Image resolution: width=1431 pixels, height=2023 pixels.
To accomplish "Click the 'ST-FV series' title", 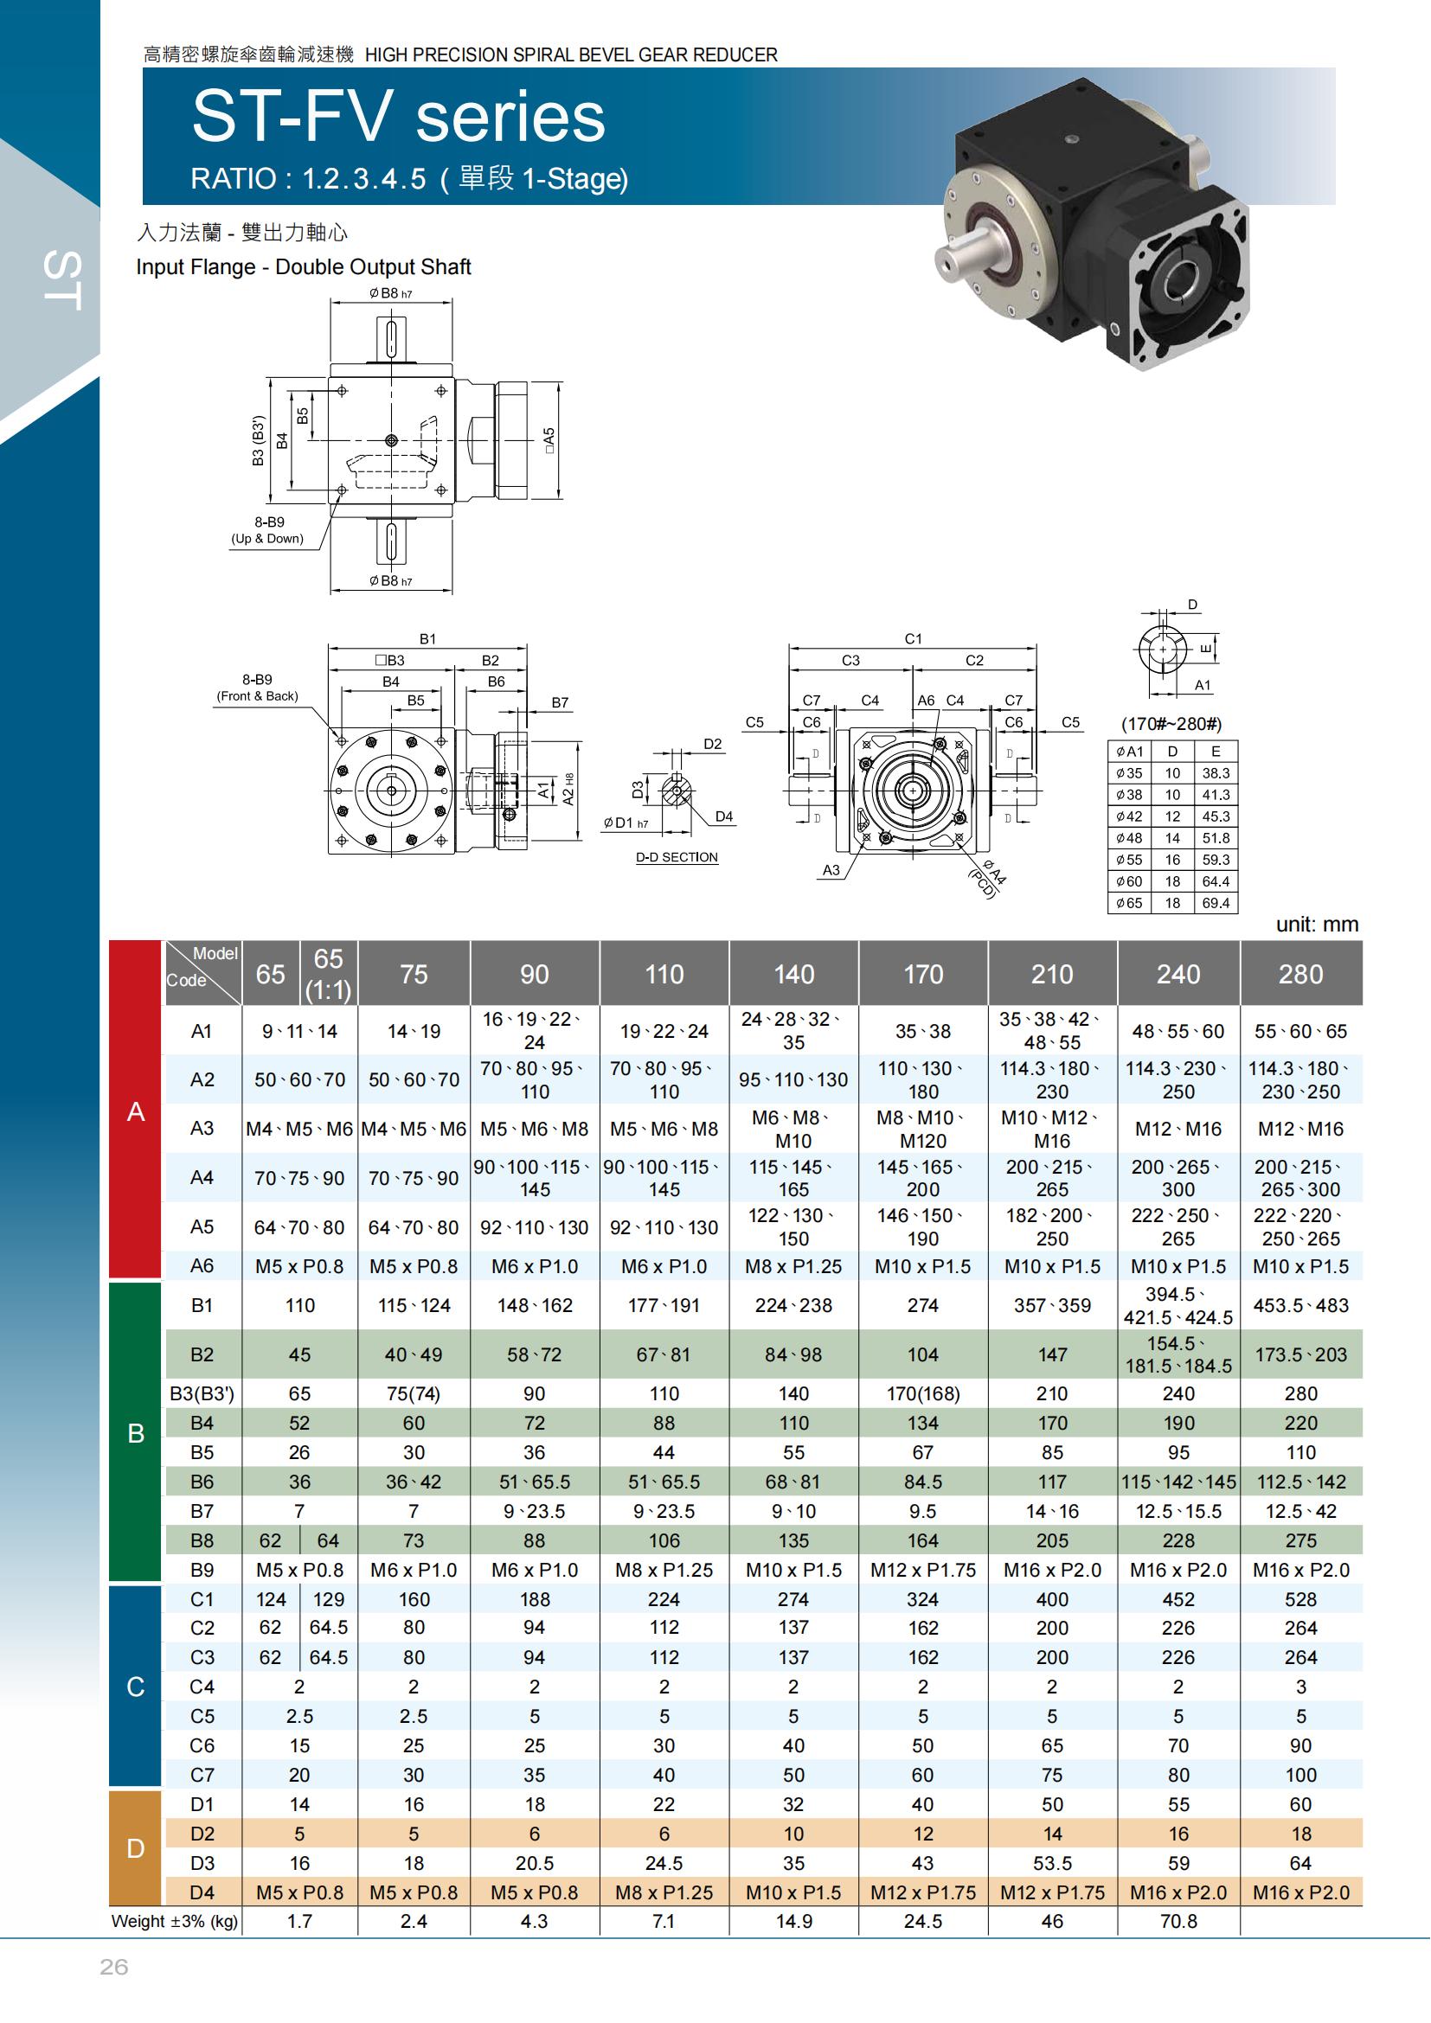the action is pyautogui.click(x=398, y=116).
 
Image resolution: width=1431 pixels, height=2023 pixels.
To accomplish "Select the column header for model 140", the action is pyautogui.click(x=793, y=974).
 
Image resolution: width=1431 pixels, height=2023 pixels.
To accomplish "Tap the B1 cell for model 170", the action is pyautogui.click(x=922, y=1305).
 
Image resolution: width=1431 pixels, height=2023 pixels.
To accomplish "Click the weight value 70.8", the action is pyautogui.click(x=1178, y=1921).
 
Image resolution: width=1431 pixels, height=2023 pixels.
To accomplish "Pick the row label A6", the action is pyautogui.click(x=202, y=1266).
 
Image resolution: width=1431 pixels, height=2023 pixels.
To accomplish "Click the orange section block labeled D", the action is pyautogui.click(x=136, y=1847).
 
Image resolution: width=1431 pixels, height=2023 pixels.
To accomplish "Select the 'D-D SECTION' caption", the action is pyautogui.click(x=677, y=857).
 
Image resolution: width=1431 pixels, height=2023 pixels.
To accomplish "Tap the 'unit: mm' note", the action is pyautogui.click(x=1318, y=925).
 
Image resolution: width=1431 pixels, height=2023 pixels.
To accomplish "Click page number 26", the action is pyautogui.click(x=113, y=1967).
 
